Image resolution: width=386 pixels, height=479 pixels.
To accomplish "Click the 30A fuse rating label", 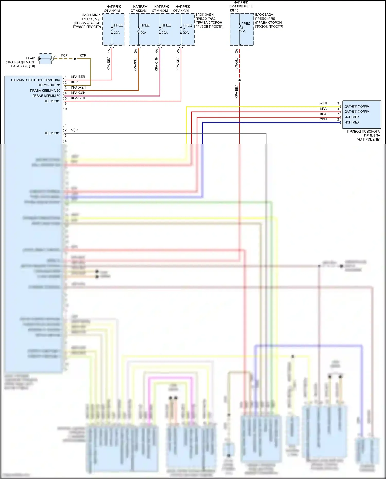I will [117, 33].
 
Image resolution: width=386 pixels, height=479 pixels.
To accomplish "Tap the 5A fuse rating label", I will [243, 31].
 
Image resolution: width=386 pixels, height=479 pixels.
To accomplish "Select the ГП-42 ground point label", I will [30, 58].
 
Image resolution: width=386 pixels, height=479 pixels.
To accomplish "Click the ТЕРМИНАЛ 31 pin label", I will [49, 85].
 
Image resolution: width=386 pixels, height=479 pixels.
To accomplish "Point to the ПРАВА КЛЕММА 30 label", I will [45, 91].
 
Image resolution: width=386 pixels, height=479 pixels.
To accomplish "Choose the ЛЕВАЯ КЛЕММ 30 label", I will [46, 96].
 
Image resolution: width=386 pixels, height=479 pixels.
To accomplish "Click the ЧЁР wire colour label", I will [74, 130].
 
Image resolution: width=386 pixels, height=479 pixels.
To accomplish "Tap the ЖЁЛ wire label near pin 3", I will [323, 103].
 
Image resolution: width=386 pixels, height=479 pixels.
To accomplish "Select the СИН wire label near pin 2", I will [323, 119].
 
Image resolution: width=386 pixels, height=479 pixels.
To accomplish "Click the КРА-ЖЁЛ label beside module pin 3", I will [78, 88].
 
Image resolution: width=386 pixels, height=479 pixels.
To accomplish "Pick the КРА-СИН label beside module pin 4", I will [78, 93].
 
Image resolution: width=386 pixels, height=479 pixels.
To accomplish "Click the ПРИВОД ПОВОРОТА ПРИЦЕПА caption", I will [363, 135].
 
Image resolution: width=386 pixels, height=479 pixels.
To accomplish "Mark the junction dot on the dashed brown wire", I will [75, 59].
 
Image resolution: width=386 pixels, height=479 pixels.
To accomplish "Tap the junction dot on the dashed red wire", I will [239, 80].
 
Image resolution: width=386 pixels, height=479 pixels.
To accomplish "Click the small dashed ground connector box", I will [46, 59].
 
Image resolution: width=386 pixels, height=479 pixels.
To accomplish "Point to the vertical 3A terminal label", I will [135, 51].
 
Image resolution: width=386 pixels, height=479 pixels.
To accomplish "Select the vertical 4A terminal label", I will [156, 51].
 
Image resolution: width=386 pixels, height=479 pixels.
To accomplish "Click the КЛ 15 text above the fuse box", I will [234, 10].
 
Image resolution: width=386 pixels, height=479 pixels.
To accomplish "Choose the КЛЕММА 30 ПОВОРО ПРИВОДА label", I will [35, 80].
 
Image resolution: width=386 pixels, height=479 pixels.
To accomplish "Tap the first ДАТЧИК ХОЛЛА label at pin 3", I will [356, 106].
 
